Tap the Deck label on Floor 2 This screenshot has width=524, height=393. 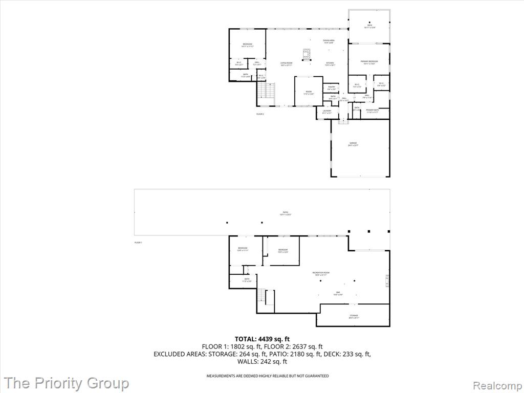click(369, 26)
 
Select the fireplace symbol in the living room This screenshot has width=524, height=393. click(307, 55)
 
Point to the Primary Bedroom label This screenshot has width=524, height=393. click(369, 62)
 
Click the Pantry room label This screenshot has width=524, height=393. click(332, 88)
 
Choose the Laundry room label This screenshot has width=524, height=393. click(327, 112)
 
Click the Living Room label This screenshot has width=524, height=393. click(286, 64)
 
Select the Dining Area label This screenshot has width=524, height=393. click(329, 41)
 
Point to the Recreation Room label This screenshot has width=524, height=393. click(321, 273)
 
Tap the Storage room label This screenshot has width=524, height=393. click(354, 316)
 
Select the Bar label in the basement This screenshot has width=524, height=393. click(338, 293)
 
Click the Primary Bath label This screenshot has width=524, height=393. click(372, 111)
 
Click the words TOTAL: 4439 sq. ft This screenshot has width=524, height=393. click(262, 339)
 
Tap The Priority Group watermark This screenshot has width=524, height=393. click(67, 383)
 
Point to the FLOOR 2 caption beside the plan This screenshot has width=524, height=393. click(260, 114)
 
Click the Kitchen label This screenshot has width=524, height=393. click(330, 64)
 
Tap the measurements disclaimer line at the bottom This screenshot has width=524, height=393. click(267, 376)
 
